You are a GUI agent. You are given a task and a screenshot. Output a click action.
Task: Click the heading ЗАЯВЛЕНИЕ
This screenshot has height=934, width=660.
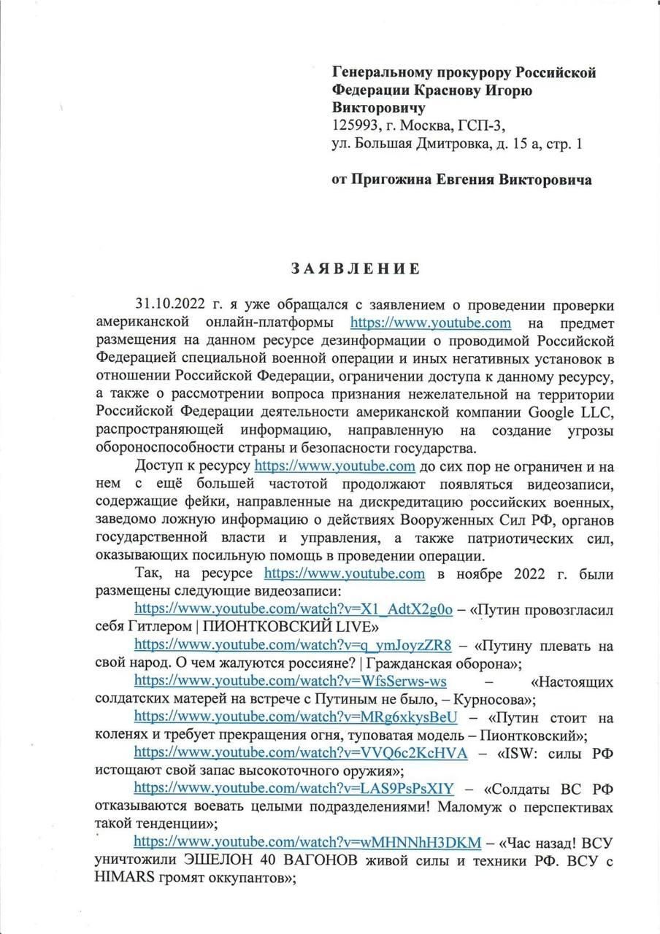(356, 269)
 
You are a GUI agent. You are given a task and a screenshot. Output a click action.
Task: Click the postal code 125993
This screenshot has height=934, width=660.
(357, 126)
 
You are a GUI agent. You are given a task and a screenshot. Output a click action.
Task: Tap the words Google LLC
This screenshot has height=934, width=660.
(572, 412)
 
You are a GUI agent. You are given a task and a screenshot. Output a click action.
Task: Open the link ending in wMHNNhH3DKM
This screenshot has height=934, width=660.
(307, 842)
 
